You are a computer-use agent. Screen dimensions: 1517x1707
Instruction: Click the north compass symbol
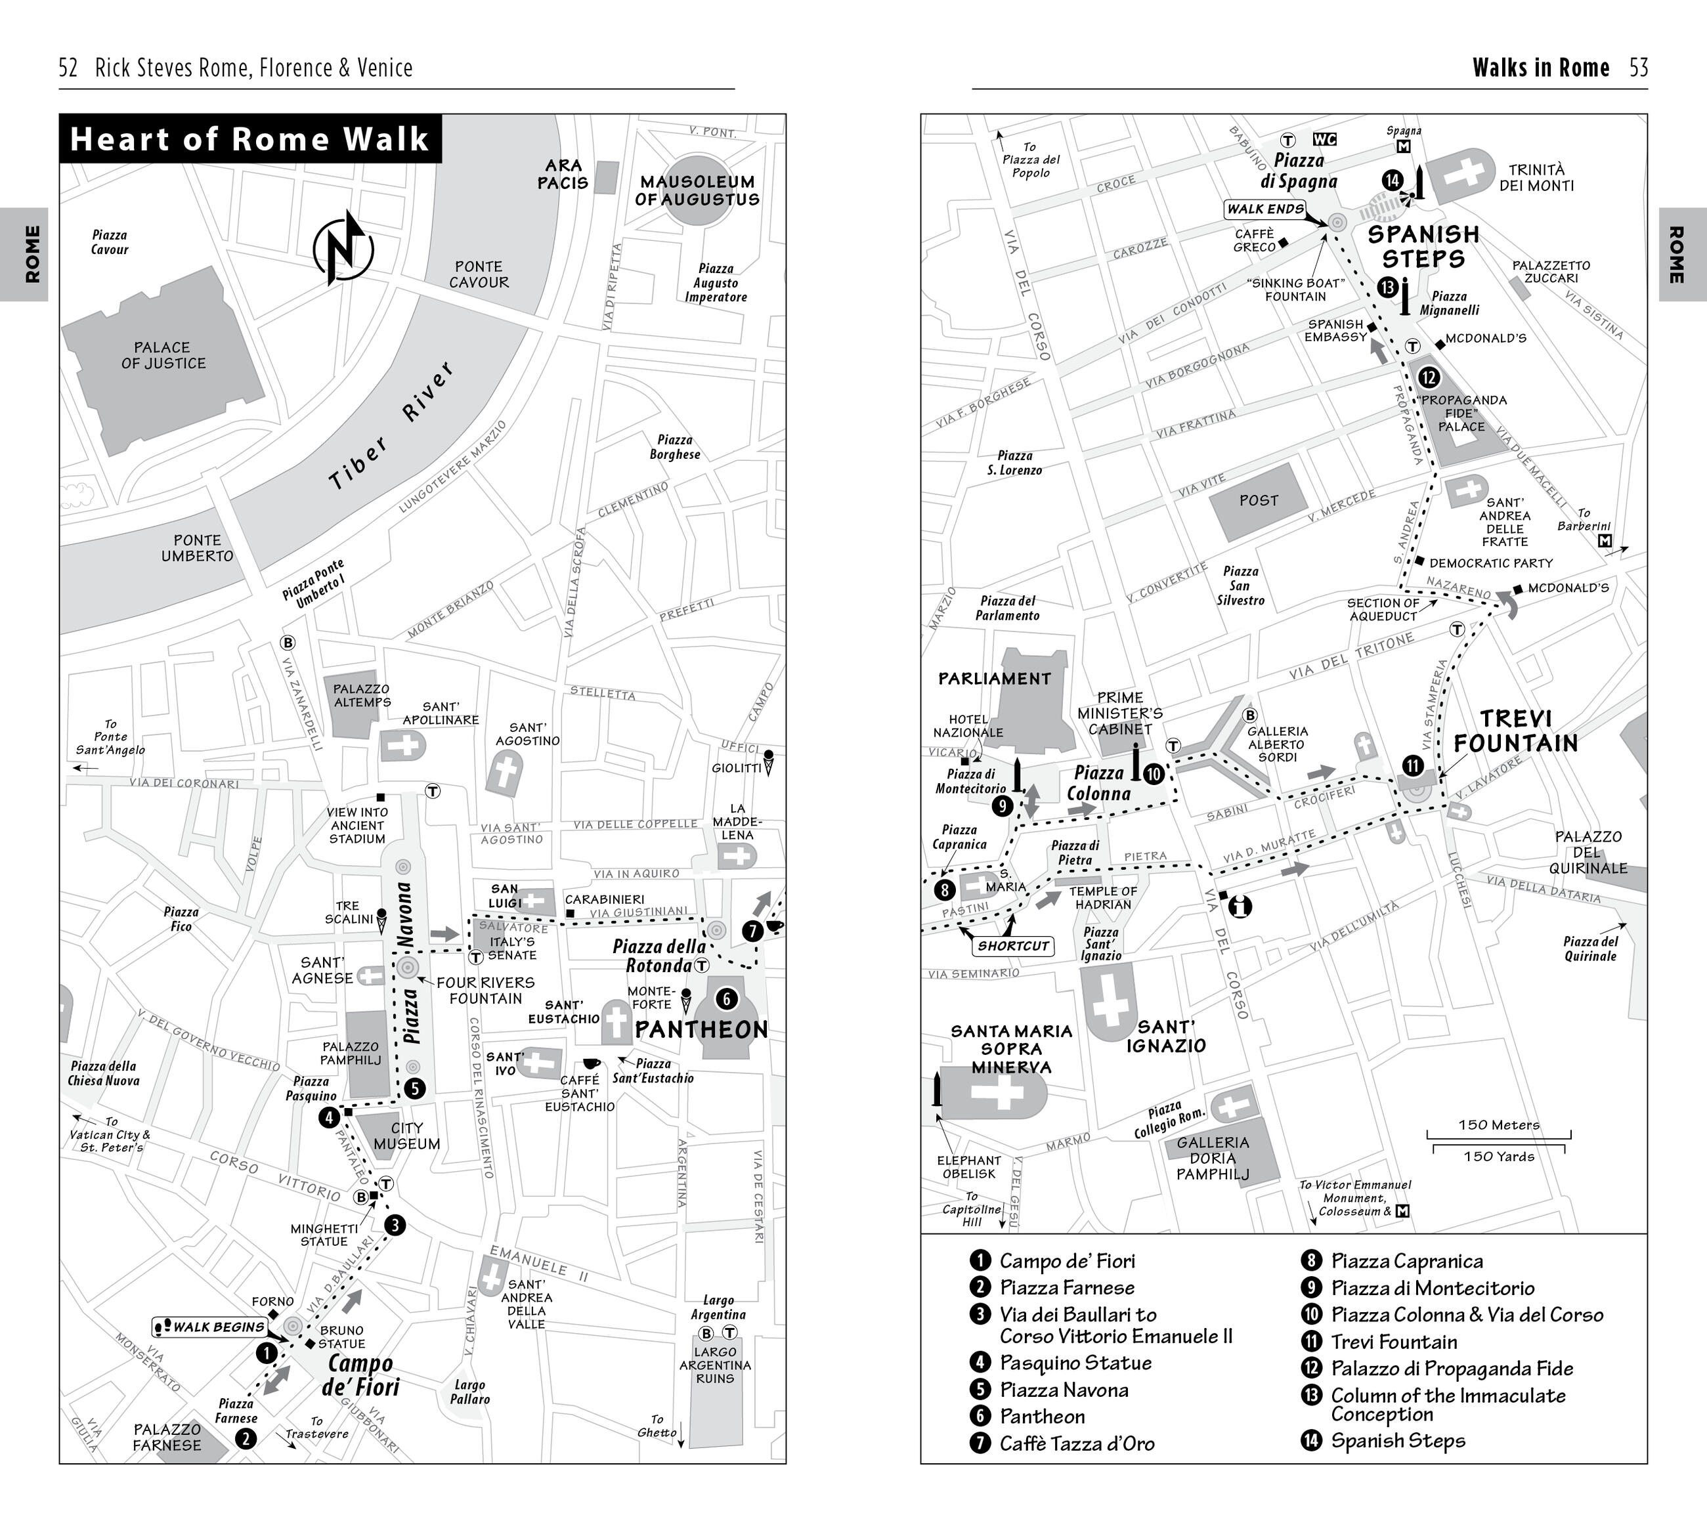pos(343,248)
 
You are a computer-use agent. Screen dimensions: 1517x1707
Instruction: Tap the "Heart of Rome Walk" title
pos(249,139)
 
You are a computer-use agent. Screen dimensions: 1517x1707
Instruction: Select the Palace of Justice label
pos(163,355)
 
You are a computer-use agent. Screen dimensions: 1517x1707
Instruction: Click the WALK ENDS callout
pos(1265,209)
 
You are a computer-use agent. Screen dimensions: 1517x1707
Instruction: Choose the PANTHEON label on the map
pos(701,1029)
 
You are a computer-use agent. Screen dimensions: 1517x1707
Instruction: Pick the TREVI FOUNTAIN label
pos(1516,731)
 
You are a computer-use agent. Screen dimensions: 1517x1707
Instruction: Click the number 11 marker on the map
pos(1412,765)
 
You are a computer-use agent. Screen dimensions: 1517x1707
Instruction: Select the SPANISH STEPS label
pos(1423,246)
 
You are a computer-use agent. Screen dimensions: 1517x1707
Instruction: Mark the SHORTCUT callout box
pos(1013,946)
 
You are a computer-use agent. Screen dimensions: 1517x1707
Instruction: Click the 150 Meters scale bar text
pos(1498,1124)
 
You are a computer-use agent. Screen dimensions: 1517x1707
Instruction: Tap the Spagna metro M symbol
pos(1403,147)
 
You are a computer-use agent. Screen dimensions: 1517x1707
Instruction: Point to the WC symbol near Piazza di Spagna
pos(1324,139)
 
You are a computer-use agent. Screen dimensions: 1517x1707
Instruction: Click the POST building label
pos(1259,500)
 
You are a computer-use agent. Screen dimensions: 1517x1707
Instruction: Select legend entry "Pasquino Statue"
pos(1075,1363)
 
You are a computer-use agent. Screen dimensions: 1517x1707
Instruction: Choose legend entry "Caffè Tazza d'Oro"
pos(1077,1443)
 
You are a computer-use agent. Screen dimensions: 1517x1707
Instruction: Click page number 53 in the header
pos(1639,68)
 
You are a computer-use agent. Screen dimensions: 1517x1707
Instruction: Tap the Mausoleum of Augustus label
pos(697,190)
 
